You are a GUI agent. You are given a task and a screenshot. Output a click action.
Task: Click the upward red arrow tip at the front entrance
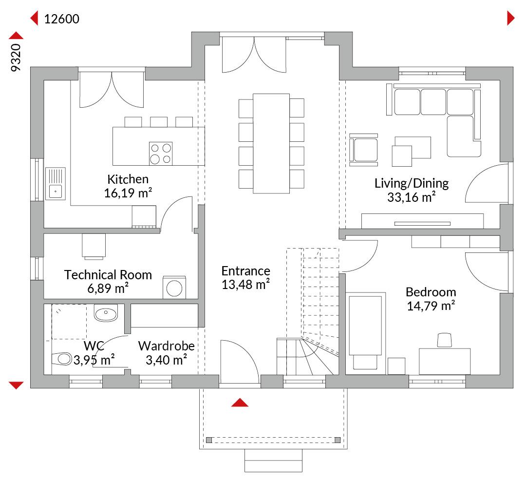[240, 399]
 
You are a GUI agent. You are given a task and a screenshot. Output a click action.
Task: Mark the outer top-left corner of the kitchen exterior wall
[31, 67]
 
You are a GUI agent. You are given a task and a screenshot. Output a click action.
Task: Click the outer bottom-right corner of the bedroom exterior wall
[513, 388]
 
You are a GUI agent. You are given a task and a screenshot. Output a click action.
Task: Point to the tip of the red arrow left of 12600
[31, 18]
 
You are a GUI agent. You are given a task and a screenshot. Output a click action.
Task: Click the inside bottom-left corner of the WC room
[44, 375]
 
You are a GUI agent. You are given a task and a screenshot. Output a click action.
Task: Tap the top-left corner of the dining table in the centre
[253, 94]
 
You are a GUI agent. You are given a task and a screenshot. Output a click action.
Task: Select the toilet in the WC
[62, 359]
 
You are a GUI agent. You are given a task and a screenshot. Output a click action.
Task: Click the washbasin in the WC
[106, 313]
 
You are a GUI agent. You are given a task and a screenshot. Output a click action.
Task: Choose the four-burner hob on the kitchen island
[161, 154]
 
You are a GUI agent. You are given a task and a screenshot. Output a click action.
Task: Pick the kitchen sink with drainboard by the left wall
[56, 184]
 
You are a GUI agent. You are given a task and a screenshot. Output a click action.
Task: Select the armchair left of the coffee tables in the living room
[364, 150]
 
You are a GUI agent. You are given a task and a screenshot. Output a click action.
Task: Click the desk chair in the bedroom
[444, 340]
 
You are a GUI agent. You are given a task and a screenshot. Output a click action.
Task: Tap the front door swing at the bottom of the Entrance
[240, 362]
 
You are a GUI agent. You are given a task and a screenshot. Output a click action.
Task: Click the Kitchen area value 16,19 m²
[128, 193]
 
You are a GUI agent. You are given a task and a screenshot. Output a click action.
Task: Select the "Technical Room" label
[108, 274]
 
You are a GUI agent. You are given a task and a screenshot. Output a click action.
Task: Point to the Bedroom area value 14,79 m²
[431, 306]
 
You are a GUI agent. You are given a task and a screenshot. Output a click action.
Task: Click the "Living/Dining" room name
[412, 183]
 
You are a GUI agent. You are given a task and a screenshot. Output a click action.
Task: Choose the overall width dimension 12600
[62, 19]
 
